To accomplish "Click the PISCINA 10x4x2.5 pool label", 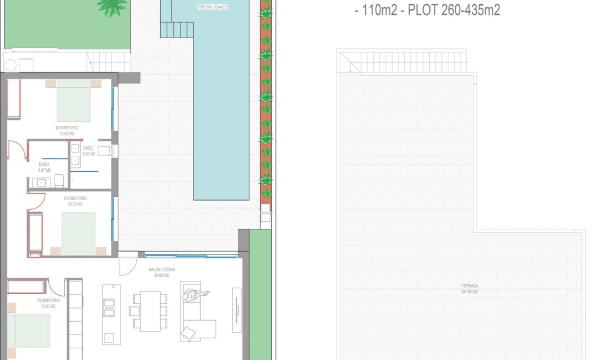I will pyautogui.click(x=213, y=7).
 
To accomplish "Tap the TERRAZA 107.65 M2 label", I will pyautogui.click(x=469, y=289).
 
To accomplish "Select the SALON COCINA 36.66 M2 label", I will pyautogui.click(x=161, y=272).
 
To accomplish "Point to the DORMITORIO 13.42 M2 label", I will pyautogui.click(x=67, y=131).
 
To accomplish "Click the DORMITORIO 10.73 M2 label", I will pyautogui.click(x=75, y=201).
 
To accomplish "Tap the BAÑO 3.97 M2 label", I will pyautogui.click(x=89, y=151).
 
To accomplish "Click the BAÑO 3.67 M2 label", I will pyautogui.click(x=44, y=167).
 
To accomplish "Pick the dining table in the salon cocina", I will pyautogui.click(x=150, y=311).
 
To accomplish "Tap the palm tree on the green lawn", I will pyautogui.click(x=113, y=6).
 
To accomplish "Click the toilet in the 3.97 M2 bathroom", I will pyautogui.click(x=106, y=151).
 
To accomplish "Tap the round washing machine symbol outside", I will pyautogui.click(x=11, y=65).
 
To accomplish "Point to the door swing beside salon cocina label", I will pyautogui.click(x=127, y=265).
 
